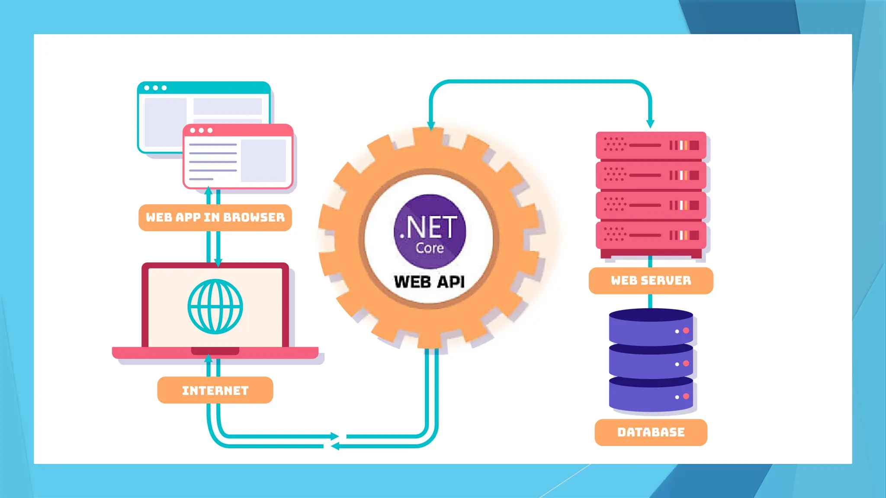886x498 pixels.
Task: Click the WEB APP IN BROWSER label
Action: point(215,217)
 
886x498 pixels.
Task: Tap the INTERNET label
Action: point(215,390)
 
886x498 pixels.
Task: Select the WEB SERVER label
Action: point(651,281)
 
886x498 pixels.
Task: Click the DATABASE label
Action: point(651,432)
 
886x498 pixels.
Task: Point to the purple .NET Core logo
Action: point(430,231)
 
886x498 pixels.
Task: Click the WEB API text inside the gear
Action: point(430,282)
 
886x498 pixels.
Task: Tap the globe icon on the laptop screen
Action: point(215,306)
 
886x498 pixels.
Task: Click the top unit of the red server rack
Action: point(651,145)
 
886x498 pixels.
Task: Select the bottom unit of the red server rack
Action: point(651,235)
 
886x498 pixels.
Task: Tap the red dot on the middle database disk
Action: point(686,364)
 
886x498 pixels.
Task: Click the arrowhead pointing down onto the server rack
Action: point(650,124)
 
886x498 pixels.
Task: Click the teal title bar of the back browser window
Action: point(204,88)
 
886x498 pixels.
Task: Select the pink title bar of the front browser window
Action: point(238,130)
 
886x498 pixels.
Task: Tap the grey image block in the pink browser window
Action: point(263,160)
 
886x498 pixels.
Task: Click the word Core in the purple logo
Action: point(430,248)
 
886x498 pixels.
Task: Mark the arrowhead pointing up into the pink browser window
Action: point(209,191)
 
